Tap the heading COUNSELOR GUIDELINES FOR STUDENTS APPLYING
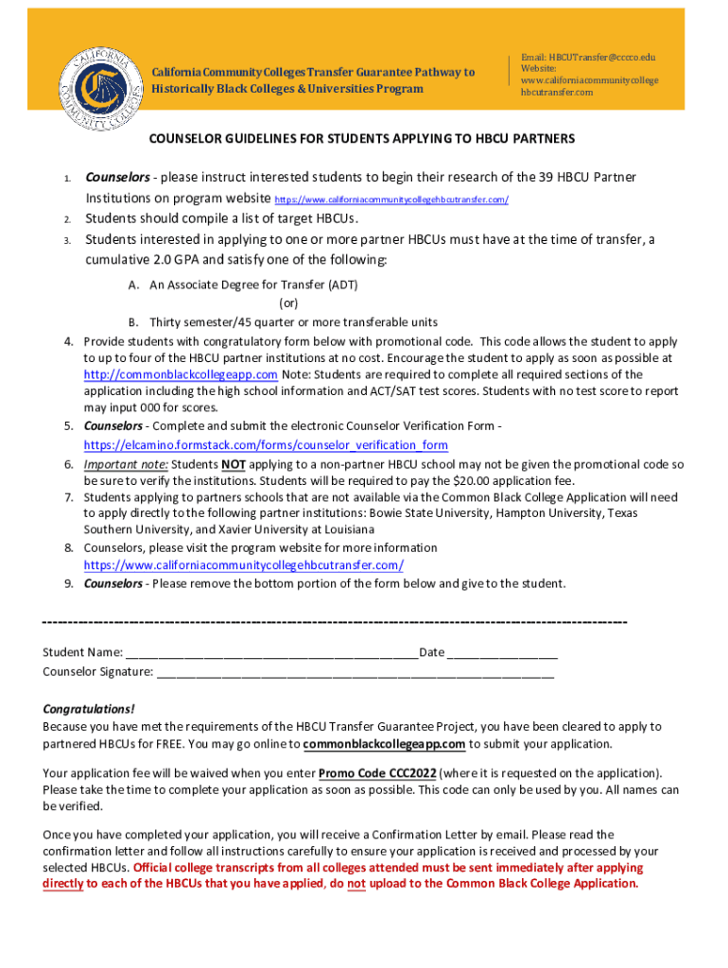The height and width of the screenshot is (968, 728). tap(362, 139)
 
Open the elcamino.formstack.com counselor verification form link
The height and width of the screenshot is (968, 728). tap(266, 444)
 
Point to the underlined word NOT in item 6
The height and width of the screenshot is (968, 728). tap(234, 464)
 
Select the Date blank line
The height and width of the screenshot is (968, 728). tap(502, 654)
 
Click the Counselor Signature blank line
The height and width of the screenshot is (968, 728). tap(355, 673)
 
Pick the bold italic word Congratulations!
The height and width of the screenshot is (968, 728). tap(89, 709)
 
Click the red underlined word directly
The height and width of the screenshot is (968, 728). tap(63, 884)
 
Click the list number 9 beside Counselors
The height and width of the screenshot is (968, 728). tap(69, 583)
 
